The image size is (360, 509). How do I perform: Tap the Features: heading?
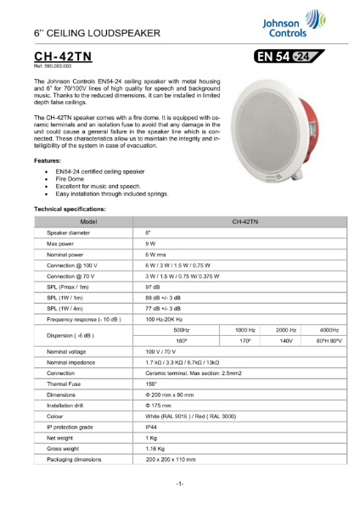click(47, 159)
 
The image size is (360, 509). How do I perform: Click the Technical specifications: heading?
click(69, 207)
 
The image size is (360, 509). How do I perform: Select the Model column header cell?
click(83, 220)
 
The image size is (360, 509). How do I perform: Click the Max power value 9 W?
click(150, 243)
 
